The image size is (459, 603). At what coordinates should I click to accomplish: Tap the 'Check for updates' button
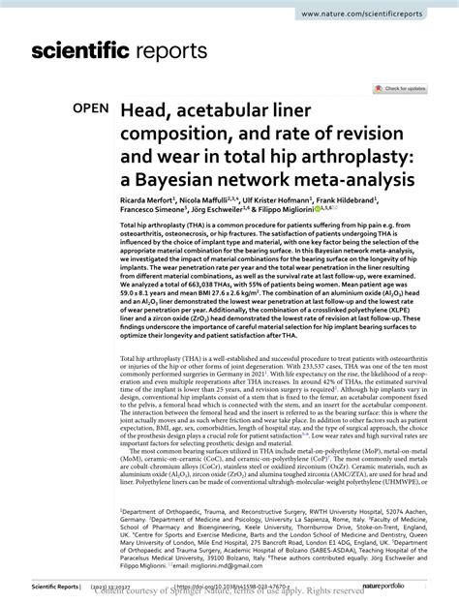tap(402, 88)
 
